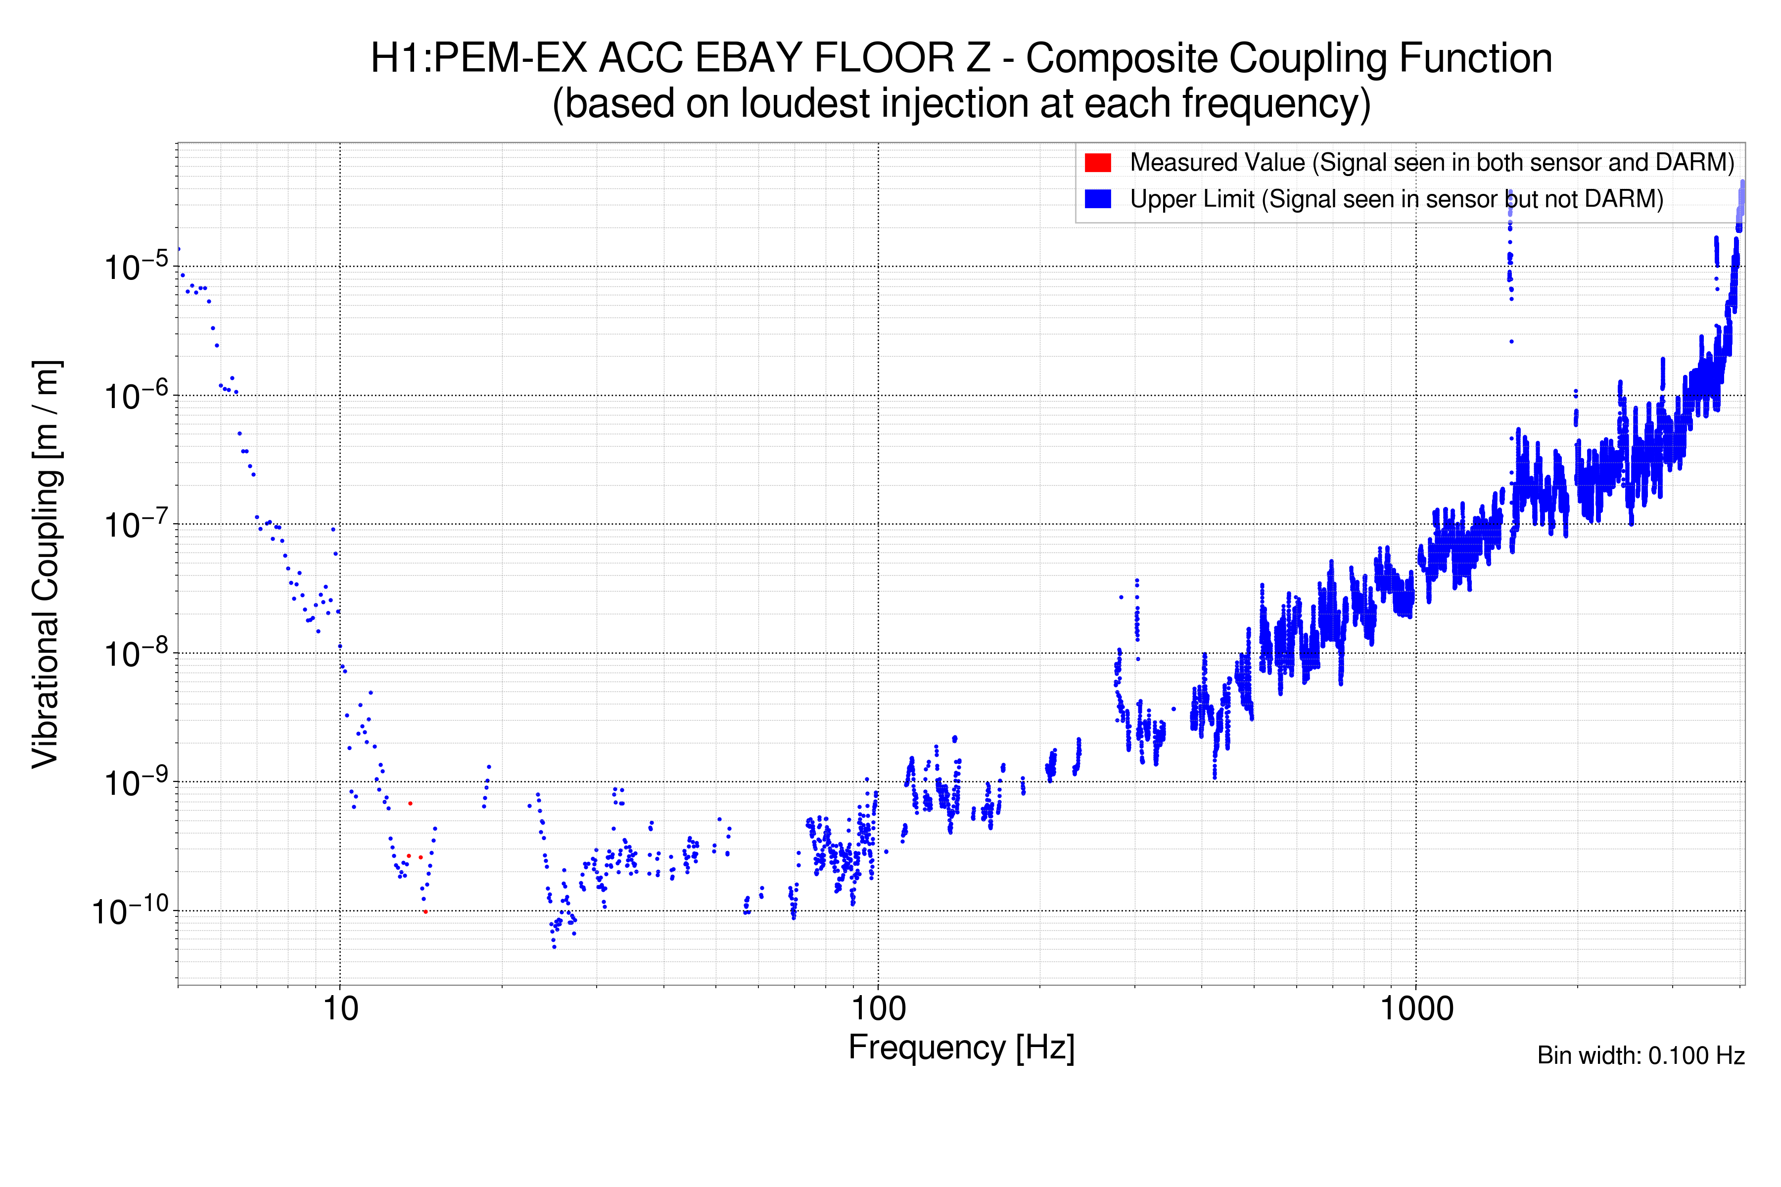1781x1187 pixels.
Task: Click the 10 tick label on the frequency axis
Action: [x=340, y=1009]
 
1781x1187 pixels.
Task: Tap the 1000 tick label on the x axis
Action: [x=1416, y=1009]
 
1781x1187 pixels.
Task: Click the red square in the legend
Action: [x=1097, y=163]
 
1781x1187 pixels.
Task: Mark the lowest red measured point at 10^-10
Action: [x=425, y=912]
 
